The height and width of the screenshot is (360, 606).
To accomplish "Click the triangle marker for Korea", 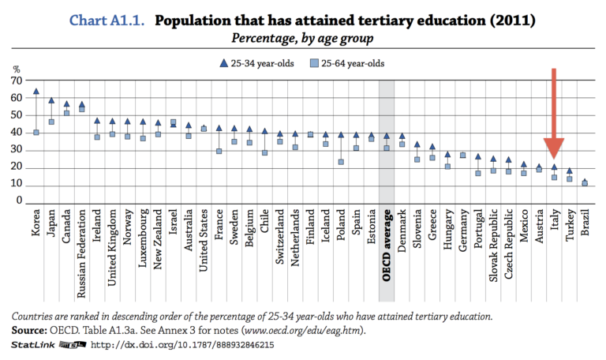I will (x=36, y=92).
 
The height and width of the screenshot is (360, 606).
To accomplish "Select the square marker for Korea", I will (x=36, y=133).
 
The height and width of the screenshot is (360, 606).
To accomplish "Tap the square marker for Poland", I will (x=341, y=162).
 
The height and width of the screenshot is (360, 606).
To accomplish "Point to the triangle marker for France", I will (x=219, y=128).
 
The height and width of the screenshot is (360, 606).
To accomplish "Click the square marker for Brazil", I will (x=585, y=183).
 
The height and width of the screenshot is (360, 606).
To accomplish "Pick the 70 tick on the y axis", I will (x=16, y=81).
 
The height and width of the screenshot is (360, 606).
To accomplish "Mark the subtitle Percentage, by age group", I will (x=302, y=38).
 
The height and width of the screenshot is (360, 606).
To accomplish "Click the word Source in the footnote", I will (x=28, y=331).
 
